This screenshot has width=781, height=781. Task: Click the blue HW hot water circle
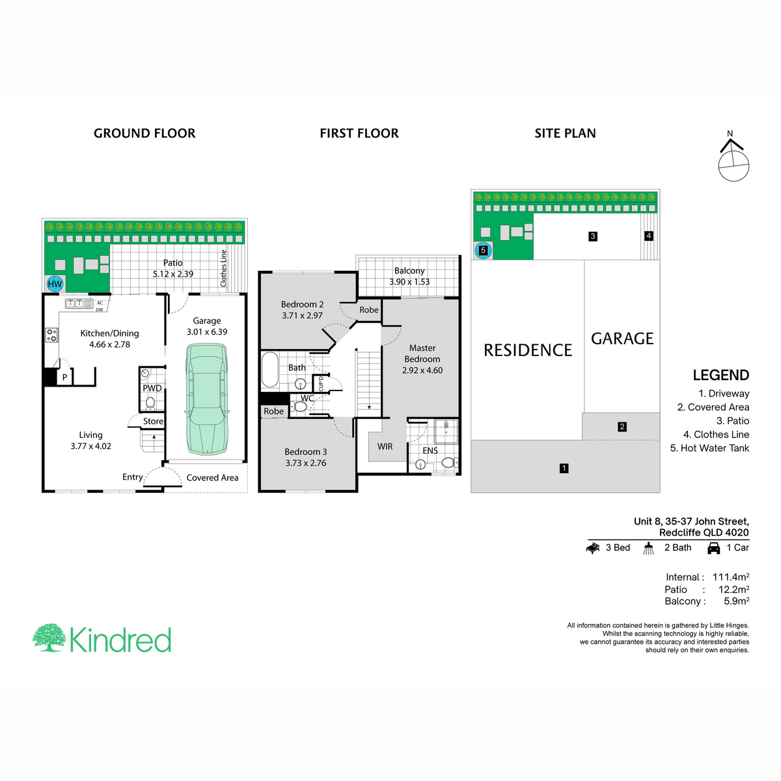point(55,284)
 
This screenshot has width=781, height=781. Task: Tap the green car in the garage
point(207,399)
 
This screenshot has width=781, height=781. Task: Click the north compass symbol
point(733,161)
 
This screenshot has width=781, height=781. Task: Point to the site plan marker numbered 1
point(564,468)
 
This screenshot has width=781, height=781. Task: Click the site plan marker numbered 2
point(622,426)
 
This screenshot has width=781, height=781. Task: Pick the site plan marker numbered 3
point(592,236)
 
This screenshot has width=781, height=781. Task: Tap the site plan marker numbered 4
point(649,236)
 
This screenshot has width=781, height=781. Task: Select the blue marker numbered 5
point(483,251)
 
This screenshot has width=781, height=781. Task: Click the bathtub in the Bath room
point(269,370)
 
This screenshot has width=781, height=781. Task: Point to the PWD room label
point(152,388)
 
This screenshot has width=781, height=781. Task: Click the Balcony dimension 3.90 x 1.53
point(409,282)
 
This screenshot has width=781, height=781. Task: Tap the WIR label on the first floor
point(385,446)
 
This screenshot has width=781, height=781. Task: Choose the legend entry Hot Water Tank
point(715,448)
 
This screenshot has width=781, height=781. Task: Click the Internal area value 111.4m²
point(731,577)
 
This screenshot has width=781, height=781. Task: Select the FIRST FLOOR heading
point(359,133)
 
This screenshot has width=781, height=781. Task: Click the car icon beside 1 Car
point(714,548)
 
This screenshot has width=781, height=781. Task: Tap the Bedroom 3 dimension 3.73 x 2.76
point(306,463)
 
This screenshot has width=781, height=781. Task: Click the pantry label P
point(64,377)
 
